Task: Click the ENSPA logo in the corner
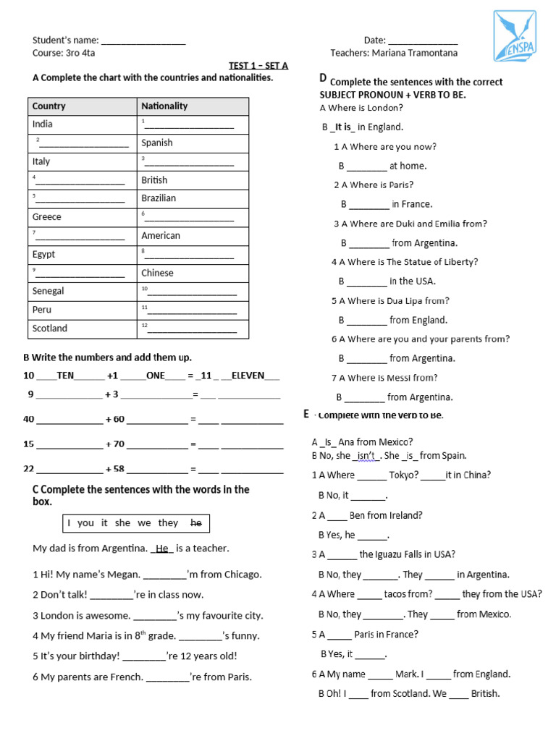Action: (x=515, y=35)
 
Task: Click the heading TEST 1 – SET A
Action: (x=258, y=66)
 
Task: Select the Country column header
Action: (x=49, y=106)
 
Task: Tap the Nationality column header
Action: (x=164, y=106)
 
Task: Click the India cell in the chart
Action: (x=43, y=124)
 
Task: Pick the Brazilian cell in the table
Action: (x=159, y=198)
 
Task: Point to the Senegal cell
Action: (x=49, y=291)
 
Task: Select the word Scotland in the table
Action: (x=50, y=329)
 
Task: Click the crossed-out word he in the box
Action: (x=195, y=522)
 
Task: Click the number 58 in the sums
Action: (x=119, y=469)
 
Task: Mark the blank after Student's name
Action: (x=143, y=41)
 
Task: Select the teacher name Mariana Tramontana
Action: (x=415, y=53)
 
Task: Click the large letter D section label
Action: (x=323, y=78)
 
